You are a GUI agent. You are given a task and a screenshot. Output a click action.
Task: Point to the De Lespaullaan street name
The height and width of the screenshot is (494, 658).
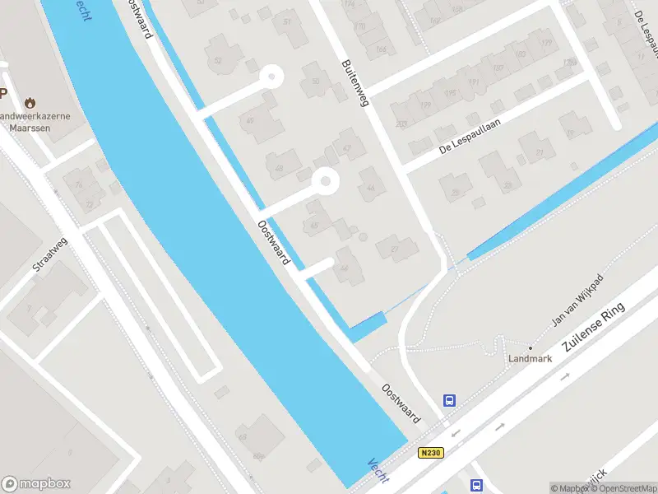pyautogui.click(x=470, y=136)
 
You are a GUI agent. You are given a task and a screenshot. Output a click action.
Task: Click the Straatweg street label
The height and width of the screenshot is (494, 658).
pyautogui.click(x=49, y=258)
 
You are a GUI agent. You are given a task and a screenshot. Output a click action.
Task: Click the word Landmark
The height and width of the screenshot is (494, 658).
pyautogui.click(x=530, y=359)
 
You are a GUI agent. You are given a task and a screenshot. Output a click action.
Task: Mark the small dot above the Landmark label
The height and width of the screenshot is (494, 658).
pyautogui.click(x=530, y=348)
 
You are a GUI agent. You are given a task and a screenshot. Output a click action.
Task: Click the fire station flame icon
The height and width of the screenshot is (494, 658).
pyautogui.click(x=31, y=104)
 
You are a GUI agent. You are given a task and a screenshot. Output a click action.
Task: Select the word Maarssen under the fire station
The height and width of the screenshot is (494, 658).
pyautogui.click(x=25, y=128)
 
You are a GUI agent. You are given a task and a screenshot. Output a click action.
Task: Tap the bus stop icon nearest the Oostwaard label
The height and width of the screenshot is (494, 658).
pyautogui.click(x=450, y=401)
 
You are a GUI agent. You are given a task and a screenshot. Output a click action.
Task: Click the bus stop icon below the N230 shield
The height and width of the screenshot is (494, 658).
pyautogui.click(x=476, y=485)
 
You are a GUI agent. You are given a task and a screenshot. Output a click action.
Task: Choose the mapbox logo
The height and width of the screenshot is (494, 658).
pyautogui.click(x=36, y=484)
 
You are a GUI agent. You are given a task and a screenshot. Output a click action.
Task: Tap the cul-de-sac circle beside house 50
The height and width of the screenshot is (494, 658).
pyautogui.click(x=271, y=79)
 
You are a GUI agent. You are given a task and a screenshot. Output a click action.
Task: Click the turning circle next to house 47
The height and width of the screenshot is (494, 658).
pyautogui.click(x=327, y=181)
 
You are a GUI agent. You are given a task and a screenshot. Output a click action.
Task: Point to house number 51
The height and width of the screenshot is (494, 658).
pyautogui.click(x=287, y=21)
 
